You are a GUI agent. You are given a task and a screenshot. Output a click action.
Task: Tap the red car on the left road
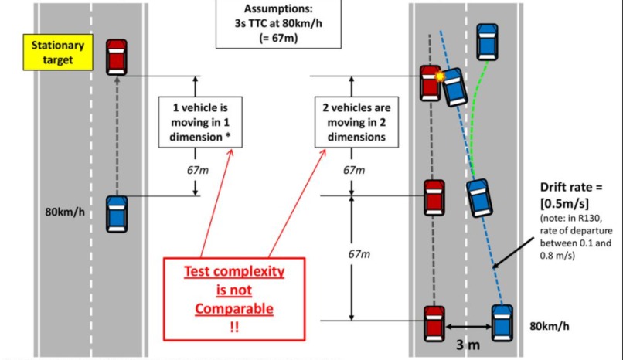point(117,56)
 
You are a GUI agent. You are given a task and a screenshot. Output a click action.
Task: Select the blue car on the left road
point(117,213)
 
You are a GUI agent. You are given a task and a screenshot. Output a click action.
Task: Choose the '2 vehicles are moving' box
point(352,122)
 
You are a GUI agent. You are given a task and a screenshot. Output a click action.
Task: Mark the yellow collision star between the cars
point(441,77)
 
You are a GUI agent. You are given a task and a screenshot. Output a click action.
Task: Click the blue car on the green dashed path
point(486,41)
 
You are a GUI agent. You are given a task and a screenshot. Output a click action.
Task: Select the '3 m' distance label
point(468,345)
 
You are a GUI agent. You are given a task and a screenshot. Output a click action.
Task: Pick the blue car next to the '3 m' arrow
point(502,322)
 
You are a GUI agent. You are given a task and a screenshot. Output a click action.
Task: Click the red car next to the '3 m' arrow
point(434,324)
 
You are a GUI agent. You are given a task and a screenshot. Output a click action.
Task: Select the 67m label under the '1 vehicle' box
point(196,169)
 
